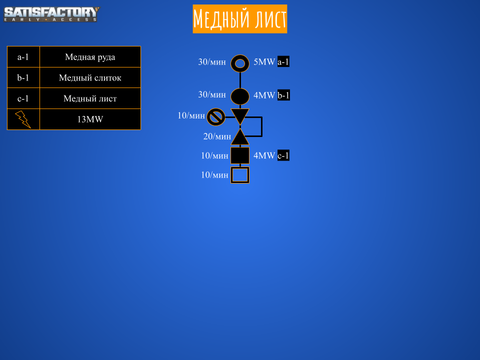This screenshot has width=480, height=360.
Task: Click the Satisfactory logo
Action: [51, 14]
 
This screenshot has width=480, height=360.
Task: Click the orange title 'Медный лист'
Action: [240, 19]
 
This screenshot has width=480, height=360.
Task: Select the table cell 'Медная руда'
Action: [90, 57]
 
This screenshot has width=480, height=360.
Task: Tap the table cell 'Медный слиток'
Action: [90, 78]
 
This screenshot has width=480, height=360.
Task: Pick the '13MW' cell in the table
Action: [90, 119]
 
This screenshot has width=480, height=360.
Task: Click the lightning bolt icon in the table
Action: [23, 119]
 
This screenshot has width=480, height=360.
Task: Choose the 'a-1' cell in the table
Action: [23, 57]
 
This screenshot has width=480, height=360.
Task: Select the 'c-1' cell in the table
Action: [23, 98]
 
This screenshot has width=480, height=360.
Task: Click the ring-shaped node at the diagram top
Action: [240, 63]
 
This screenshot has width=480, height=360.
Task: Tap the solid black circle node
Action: [240, 96]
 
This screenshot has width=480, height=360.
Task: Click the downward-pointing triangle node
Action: [240, 116]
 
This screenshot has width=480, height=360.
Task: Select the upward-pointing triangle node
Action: [240, 137]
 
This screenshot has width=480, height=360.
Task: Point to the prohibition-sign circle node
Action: [215, 117]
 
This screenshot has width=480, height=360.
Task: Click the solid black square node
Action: [240, 155]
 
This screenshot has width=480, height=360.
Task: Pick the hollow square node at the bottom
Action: [240, 175]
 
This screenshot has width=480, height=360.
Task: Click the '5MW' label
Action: [264, 62]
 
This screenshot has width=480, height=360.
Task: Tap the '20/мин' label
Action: [217, 136]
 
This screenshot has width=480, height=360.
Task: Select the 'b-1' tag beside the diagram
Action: [283, 95]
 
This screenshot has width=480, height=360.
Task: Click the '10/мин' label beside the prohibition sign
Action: [191, 115]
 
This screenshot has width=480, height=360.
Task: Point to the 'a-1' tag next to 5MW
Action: [283, 62]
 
